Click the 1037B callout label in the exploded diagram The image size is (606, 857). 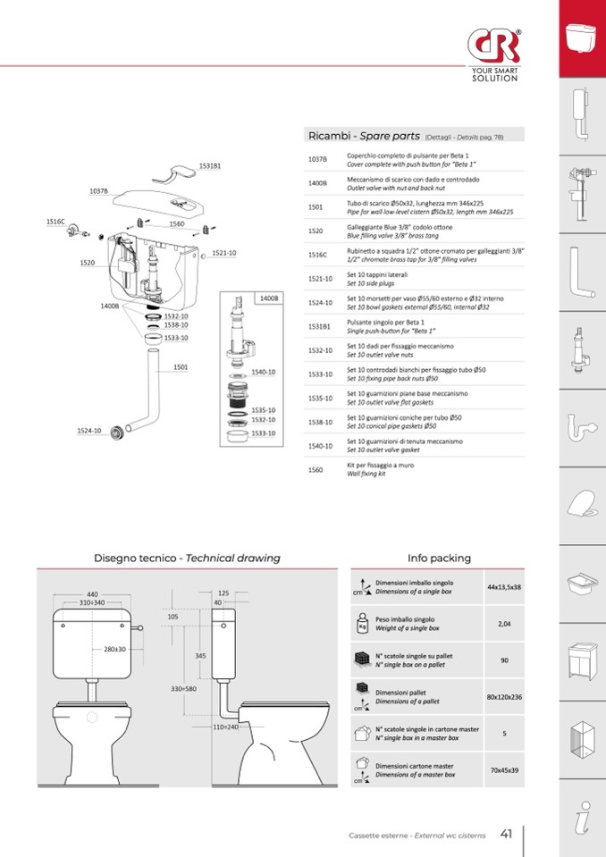click(98, 190)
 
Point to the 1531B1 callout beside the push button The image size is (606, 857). click(210, 166)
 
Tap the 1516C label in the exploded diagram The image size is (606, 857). click(55, 221)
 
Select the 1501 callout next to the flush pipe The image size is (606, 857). click(181, 366)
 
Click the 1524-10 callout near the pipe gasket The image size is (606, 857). click(88, 431)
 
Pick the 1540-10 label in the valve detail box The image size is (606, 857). click(264, 371)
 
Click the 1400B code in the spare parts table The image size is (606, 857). click(317, 182)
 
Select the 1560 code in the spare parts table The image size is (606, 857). click(316, 469)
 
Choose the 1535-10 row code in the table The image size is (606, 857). click(320, 398)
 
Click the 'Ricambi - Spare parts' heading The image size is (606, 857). click(364, 136)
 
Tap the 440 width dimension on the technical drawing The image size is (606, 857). click(92, 594)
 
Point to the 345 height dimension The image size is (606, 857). click(200, 656)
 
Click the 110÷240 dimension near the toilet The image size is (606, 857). click(225, 727)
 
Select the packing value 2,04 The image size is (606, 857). click(504, 624)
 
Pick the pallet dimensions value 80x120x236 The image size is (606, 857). click(504, 696)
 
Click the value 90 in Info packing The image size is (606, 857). click(504, 660)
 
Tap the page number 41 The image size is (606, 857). click(506, 835)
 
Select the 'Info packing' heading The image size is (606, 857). click(439, 558)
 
